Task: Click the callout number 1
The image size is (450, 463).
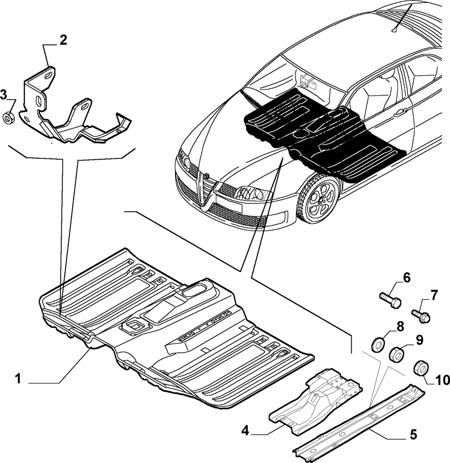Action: (x=19, y=378)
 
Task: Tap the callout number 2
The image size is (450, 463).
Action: (x=63, y=40)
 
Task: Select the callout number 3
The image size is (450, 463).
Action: (x=3, y=95)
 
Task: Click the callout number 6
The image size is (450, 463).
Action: (x=407, y=278)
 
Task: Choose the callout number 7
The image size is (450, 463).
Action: (x=434, y=295)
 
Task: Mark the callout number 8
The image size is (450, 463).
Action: (x=400, y=326)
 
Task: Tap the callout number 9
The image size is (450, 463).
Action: (x=420, y=340)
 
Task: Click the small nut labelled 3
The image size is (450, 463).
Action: (x=7, y=117)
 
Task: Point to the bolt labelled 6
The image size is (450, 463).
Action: (x=390, y=300)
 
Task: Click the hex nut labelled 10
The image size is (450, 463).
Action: (x=420, y=368)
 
